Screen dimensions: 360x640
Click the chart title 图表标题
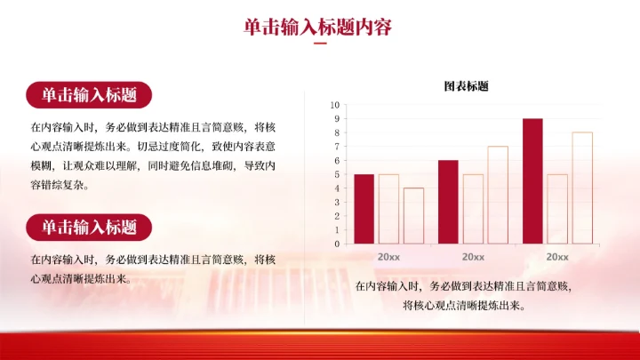click(466, 86)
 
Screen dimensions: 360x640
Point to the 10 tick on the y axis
click(335, 105)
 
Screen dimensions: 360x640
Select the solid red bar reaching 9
click(532, 180)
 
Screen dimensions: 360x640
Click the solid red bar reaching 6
click(448, 202)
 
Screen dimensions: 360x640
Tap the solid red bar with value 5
click(364, 209)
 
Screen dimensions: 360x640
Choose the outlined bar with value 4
click(413, 216)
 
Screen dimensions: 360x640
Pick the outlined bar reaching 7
click(497, 195)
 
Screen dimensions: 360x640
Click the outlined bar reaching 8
click(582, 188)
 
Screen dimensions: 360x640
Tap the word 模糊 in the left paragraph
click(41, 165)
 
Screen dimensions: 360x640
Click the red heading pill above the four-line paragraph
click(89, 95)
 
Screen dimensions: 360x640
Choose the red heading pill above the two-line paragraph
click(89, 228)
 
